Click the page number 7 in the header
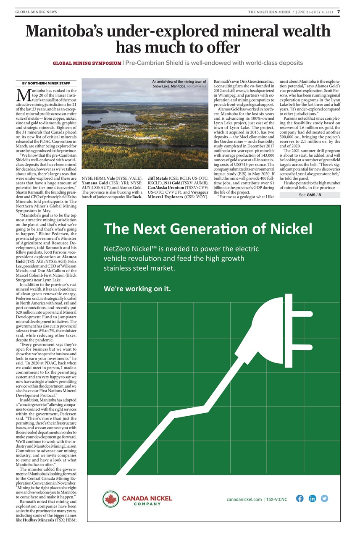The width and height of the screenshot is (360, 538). coord(339,12)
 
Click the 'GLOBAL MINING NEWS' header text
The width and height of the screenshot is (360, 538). coord(36,12)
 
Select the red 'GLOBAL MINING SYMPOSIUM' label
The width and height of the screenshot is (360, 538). coord(87,63)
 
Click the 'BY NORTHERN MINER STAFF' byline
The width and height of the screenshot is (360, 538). coord(46,84)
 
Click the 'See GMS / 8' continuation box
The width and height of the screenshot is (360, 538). coord(310,195)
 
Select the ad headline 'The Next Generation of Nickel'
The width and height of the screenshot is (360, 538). coord(208,229)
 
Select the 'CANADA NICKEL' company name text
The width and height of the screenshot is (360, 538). coord(147,497)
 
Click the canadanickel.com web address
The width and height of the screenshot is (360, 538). coord(245,499)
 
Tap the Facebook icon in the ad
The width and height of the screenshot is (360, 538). coord(300,499)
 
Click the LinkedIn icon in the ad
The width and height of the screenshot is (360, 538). coord(312,499)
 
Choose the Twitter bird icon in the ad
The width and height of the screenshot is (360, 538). coord(324,499)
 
